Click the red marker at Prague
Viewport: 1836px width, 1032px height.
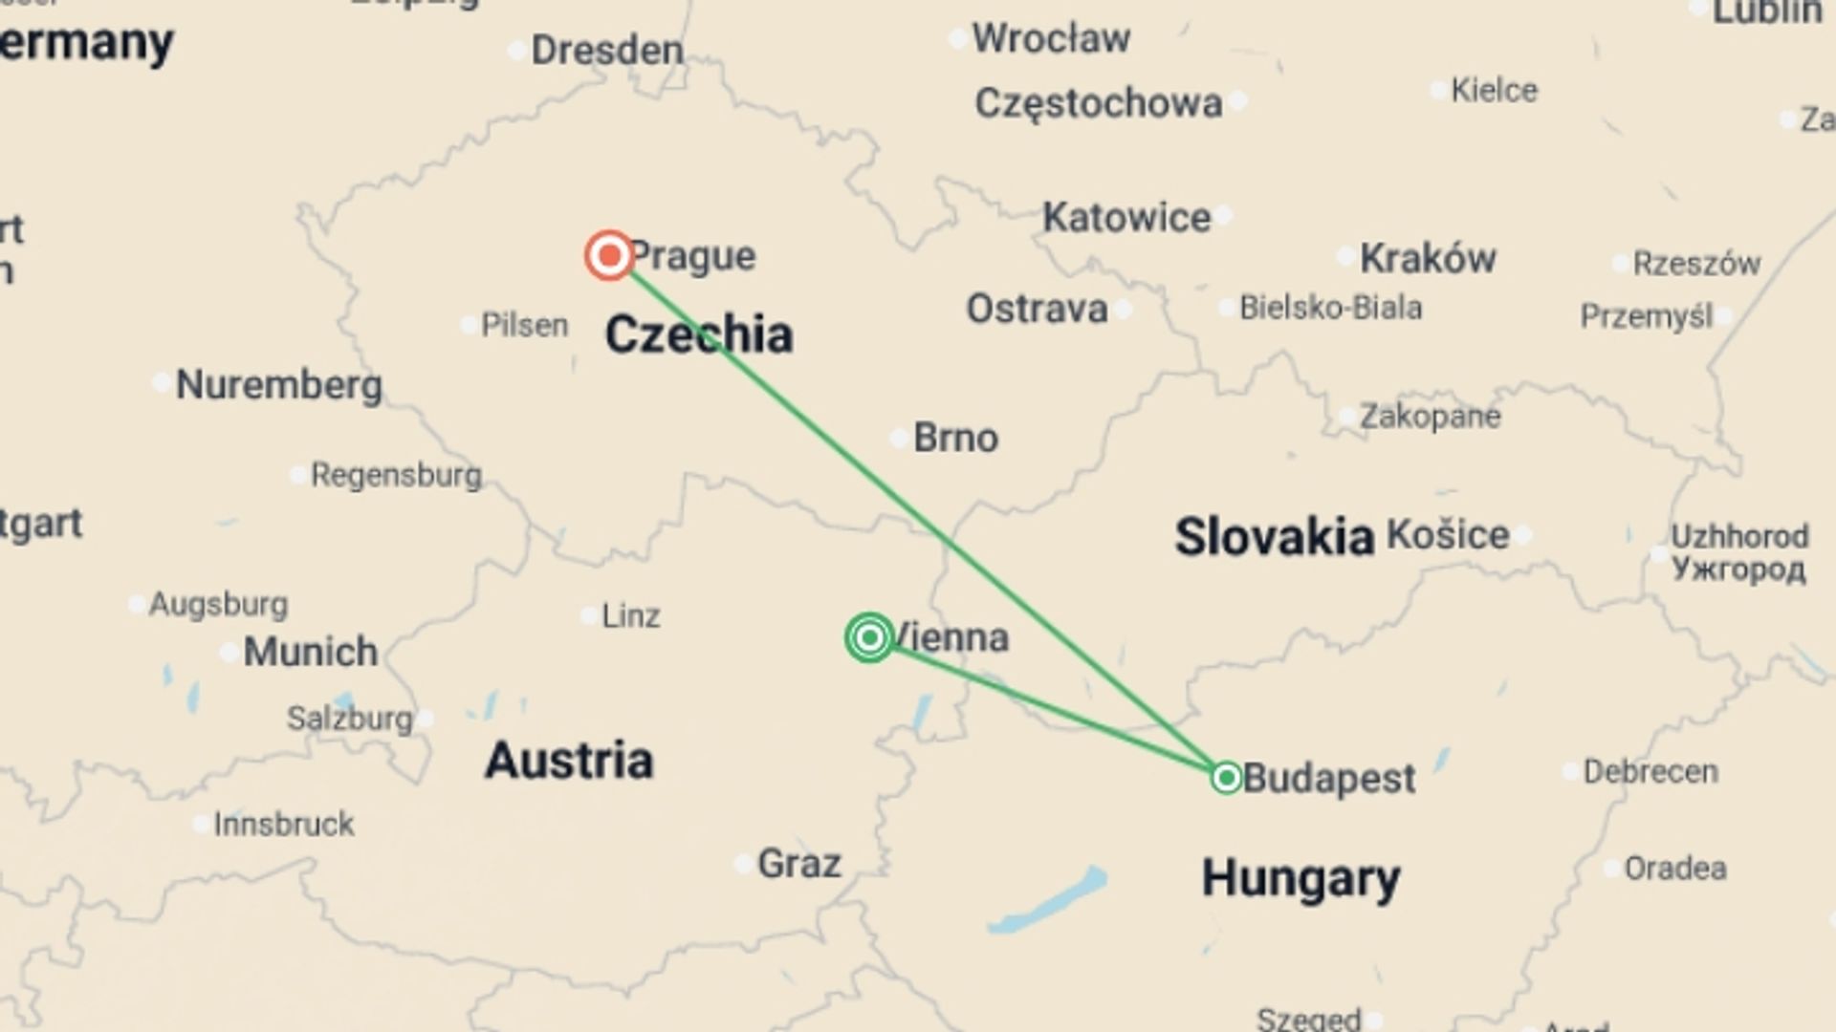click(609, 255)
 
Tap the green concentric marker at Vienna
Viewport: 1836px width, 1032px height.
click(869, 637)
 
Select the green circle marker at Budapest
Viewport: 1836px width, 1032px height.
click(1226, 777)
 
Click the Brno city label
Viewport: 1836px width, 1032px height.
click(955, 438)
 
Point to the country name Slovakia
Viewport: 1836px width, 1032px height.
click(1274, 536)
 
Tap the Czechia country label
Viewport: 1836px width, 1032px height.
click(699, 334)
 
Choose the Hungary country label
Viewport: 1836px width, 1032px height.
click(1300, 877)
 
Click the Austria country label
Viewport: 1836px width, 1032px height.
click(569, 761)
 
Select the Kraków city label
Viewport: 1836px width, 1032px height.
click(1428, 258)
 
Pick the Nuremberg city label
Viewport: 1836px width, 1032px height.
click(279, 385)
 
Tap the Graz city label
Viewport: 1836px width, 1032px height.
click(799, 864)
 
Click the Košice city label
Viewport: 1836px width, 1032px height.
click(1448, 535)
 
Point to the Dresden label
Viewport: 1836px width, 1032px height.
click(607, 50)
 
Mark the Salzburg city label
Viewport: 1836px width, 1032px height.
click(350, 719)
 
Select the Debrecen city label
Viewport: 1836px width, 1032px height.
click(1650, 771)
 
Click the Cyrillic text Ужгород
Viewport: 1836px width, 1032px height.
click(1738, 570)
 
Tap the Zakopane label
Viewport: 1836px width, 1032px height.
click(1431, 417)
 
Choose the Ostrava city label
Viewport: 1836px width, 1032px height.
click(1037, 309)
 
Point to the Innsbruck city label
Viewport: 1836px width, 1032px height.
click(284, 824)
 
